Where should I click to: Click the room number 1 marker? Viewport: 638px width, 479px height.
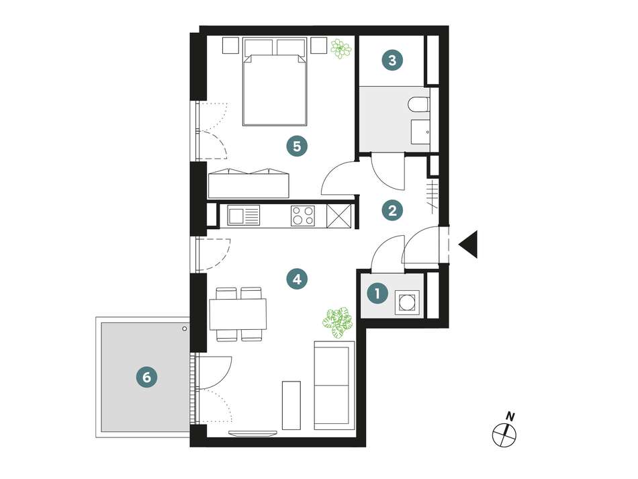tap(377, 293)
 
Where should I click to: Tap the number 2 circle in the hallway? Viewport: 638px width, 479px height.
tap(392, 211)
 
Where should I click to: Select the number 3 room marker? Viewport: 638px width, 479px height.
tap(392, 60)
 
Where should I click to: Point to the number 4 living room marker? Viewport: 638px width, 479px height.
tap(297, 279)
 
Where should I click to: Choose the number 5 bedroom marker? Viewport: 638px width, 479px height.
tap(297, 146)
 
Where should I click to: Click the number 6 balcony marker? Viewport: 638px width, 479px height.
tap(147, 378)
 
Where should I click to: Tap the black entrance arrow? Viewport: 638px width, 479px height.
tap(468, 244)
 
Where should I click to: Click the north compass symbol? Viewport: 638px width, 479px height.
tap(504, 431)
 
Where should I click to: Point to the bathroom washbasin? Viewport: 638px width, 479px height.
tap(420, 132)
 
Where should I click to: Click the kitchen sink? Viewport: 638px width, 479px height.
tap(243, 215)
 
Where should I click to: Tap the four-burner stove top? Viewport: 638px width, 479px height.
tap(303, 215)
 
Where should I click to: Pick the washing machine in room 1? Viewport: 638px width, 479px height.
tap(408, 302)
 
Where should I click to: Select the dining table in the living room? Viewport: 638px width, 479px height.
tap(238, 314)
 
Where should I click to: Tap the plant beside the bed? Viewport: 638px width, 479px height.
tap(341, 49)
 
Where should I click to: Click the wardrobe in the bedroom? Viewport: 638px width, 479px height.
tap(248, 183)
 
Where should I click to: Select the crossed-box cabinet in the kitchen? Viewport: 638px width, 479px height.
tap(339, 215)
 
